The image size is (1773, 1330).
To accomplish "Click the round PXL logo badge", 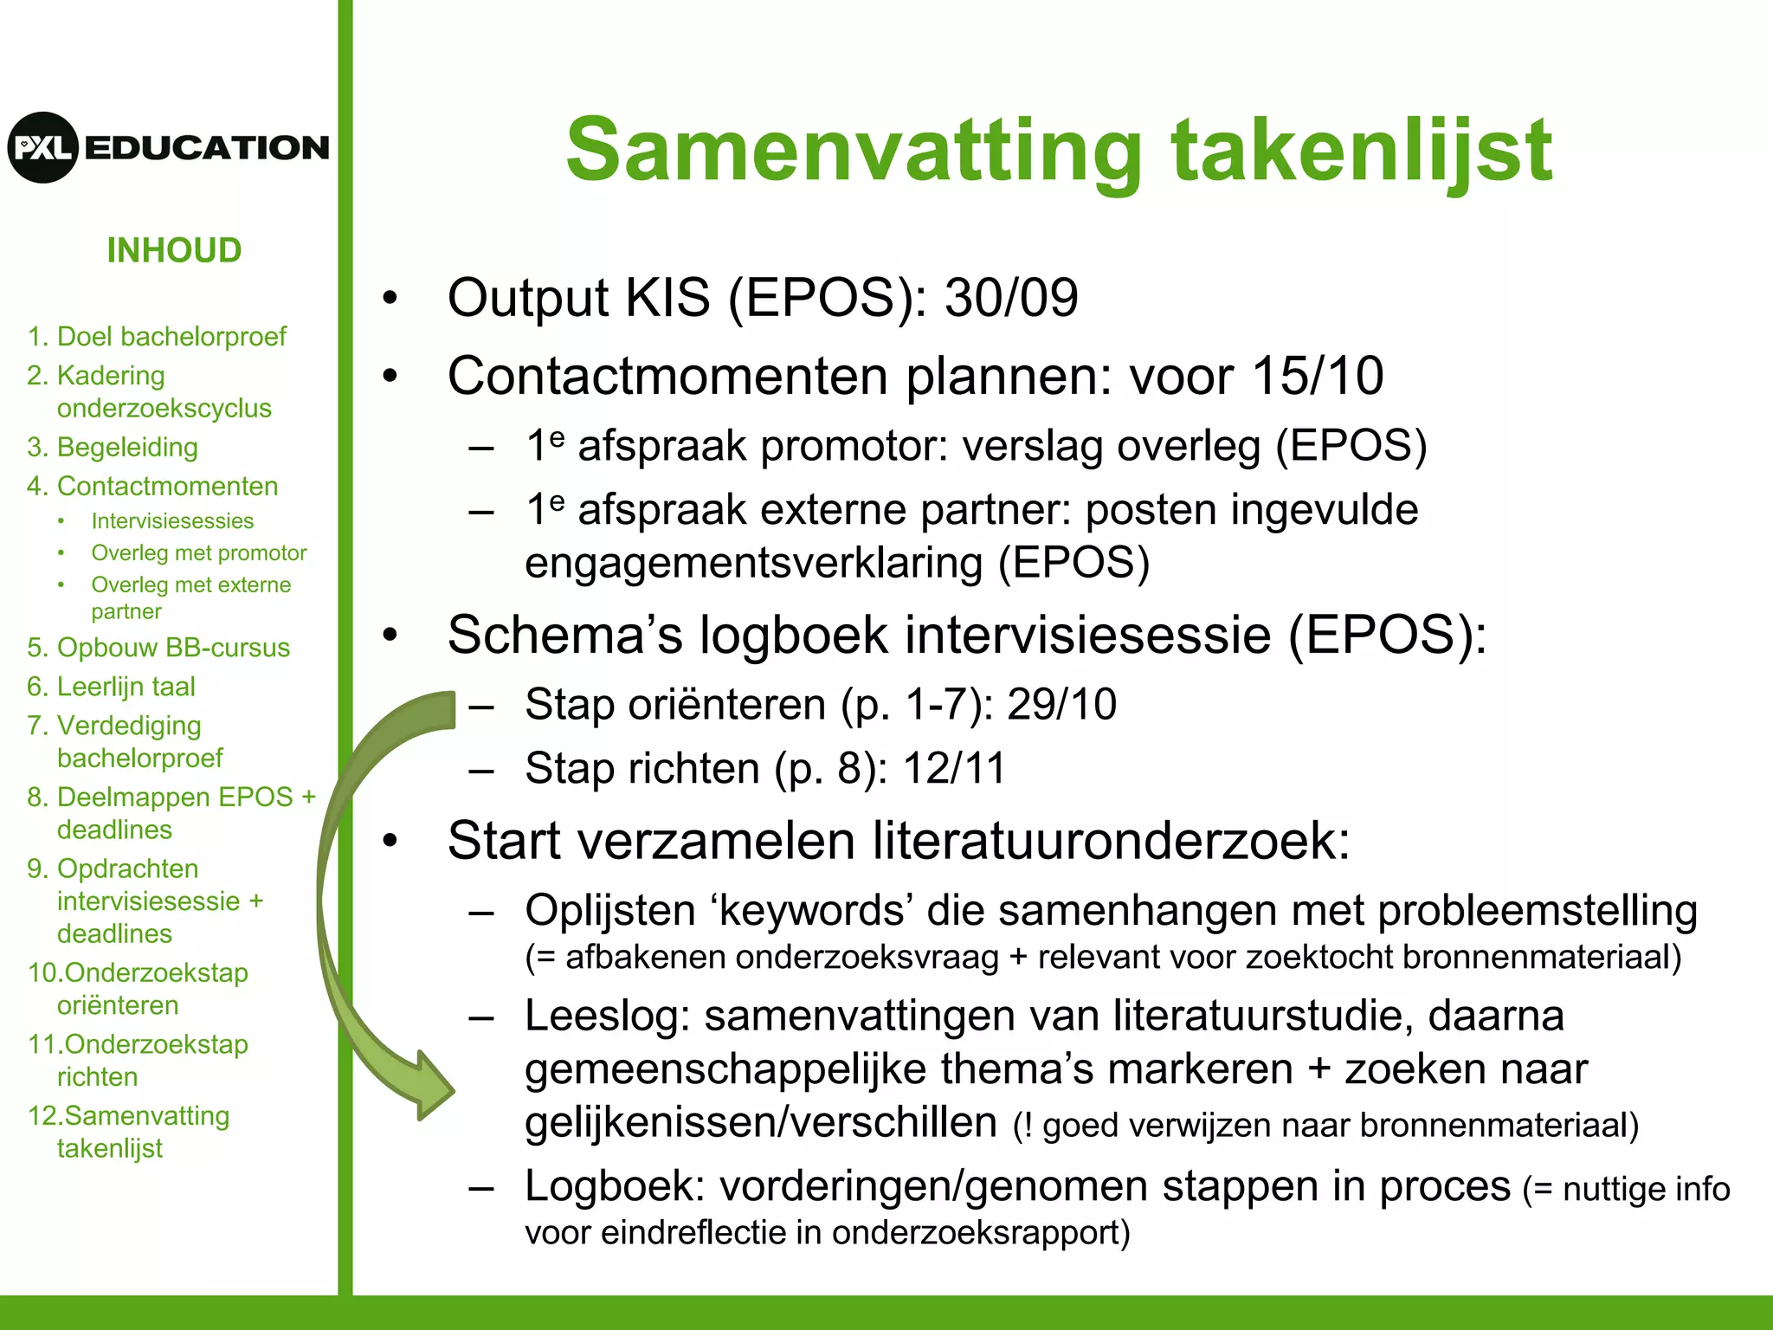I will (43, 147).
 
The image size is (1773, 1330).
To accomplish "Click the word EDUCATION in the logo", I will (207, 148).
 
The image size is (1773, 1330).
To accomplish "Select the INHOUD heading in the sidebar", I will (174, 250).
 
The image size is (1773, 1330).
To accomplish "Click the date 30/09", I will (1010, 298).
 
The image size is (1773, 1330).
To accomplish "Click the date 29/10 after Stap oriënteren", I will (1061, 704).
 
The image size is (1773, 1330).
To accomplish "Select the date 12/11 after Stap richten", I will (954, 768).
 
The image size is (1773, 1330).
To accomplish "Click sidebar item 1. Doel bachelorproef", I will (156, 336).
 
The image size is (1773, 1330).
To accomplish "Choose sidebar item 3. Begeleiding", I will (113, 447).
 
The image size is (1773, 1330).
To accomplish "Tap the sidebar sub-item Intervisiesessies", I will (172, 520).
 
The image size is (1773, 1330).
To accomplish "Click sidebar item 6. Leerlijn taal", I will (111, 687).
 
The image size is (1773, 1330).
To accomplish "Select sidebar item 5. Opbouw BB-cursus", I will (158, 648).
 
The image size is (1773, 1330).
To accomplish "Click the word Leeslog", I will (606, 1016).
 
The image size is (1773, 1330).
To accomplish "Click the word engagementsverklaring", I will (753, 563).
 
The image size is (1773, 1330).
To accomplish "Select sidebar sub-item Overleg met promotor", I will (198, 552).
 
